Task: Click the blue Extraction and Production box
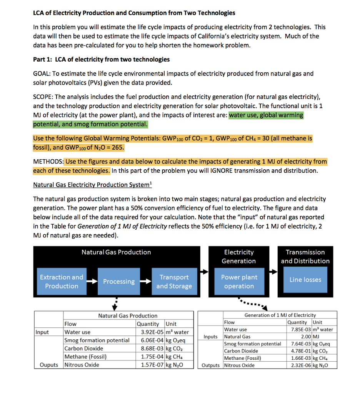coord(62,282)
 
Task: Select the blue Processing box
coord(119,282)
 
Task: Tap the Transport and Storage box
coord(174,282)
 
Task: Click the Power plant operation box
coord(239,282)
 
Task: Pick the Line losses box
coord(305,280)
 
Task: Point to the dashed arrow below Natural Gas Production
coord(115,304)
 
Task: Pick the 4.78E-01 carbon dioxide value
coord(301,351)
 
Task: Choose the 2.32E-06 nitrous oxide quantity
coord(301,365)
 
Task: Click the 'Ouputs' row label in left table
coord(49,365)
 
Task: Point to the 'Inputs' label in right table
coord(210,337)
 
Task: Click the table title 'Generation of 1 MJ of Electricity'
coord(280,315)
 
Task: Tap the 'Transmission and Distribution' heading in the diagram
coord(305,257)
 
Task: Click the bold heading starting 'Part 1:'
coord(101,60)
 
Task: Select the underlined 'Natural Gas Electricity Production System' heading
coord(92,185)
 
